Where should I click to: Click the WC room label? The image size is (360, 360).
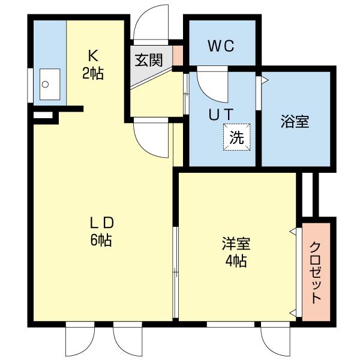(x=221, y=46)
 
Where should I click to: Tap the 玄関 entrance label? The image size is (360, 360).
(x=148, y=60)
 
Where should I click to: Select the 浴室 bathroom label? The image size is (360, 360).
(x=295, y=121)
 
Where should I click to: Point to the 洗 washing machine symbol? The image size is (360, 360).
(x=237, y=137)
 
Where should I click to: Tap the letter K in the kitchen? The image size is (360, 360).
(x=93, y=56)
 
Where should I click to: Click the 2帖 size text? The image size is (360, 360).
(x=93, y=74)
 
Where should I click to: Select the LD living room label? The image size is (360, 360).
(x=102, y=223)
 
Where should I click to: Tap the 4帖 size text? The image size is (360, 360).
(x=236, y=262)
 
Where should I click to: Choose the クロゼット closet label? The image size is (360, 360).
(x=315, y=272)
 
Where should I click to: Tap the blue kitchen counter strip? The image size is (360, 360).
(x=48, y=48)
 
